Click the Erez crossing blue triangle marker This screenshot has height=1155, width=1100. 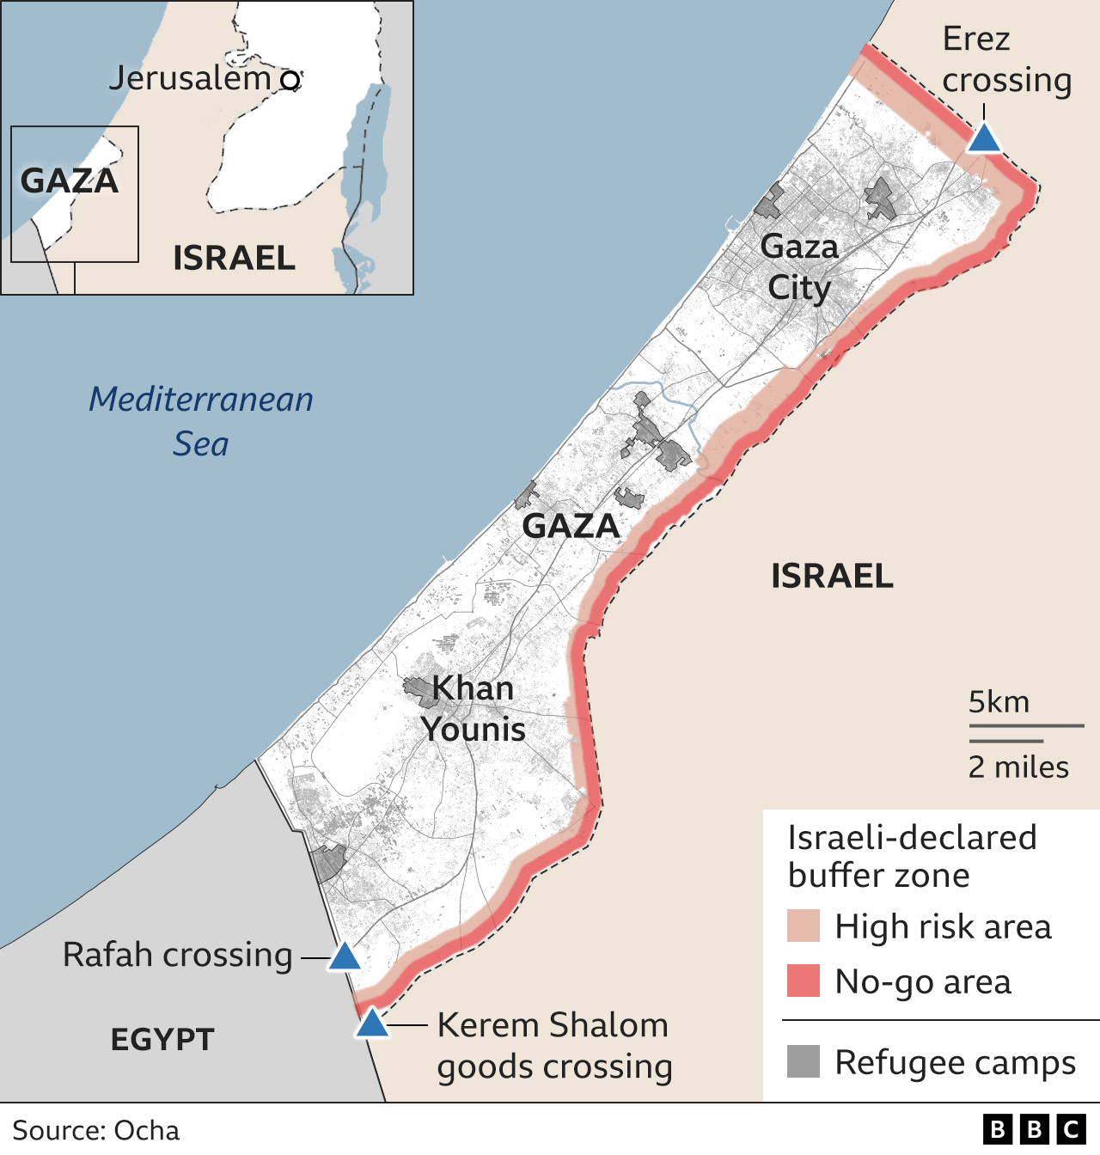984,138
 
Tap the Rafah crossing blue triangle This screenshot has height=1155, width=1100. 344,956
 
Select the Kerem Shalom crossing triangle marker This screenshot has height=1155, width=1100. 372,1024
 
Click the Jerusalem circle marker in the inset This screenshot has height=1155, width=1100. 291,81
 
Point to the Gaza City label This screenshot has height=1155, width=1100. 799,267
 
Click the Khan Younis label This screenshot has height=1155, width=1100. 473,708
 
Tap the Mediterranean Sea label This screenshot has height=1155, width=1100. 201,421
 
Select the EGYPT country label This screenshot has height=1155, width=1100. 162,1040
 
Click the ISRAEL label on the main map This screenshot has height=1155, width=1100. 832,576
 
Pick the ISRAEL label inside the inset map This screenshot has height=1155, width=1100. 234,258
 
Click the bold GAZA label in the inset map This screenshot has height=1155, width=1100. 69,181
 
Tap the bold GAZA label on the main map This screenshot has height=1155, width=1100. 571,526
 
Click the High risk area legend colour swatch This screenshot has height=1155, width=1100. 804,926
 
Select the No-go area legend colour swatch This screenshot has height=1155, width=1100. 804,981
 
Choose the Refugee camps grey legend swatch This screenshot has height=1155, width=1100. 804,1061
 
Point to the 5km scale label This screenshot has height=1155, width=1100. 999,702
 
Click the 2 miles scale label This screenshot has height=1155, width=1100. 1018,767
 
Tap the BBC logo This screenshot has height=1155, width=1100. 1034,1129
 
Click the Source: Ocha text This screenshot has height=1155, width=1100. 96,1130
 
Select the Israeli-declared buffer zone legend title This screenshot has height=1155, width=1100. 912,856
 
